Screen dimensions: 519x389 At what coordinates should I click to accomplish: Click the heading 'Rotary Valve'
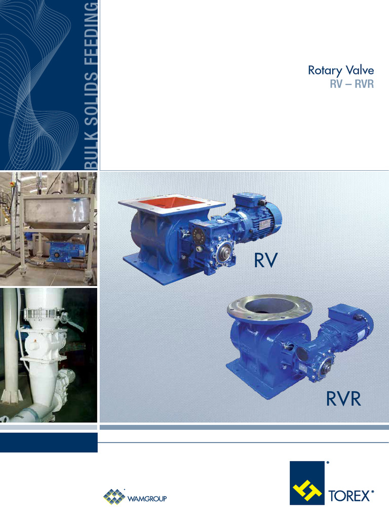click(x=340, y=70)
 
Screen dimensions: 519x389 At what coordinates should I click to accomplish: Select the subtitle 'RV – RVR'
click(x=352, y=84)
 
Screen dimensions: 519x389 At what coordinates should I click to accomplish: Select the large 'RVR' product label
click(x=343, y=399)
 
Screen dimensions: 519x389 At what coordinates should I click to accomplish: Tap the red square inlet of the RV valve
click(x=172, y=204)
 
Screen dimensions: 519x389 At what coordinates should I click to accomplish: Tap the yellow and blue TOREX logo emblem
click(x=307, y=483)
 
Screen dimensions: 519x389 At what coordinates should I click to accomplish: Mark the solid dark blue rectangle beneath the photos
click(x=49, y=442)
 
